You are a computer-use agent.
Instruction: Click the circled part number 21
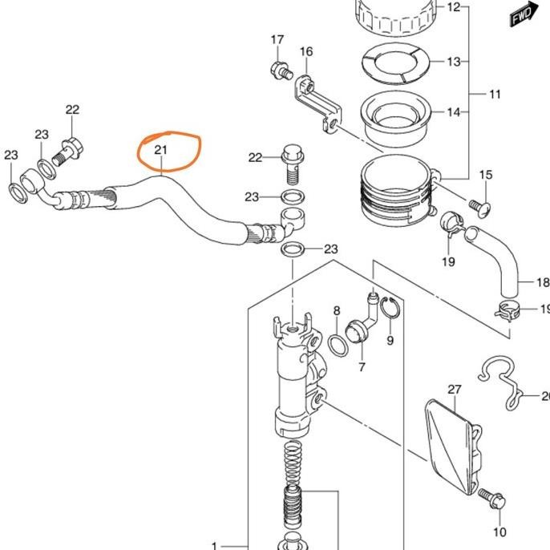pyautogui.click(x=160, y=150)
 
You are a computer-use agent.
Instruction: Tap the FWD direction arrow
pyautogui.click(x=524, y=14)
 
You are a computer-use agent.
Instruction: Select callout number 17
pyautogui.click(x=277, y=39)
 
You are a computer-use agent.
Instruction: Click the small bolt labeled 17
pyautogui.click(x=281, y=71)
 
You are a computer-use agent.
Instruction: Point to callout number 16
pyautogui.click(x=306, y=51)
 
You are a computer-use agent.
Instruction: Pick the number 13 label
pyautogui.click(x=453, y=62)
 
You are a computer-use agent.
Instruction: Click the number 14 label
pyautogui.click(x=453, y=112)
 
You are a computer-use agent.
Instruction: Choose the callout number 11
pyautogui.click(x=495, y=94)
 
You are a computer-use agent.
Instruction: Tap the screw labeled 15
pyautogui.click(x=480, y=207)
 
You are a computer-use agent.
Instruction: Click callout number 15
pyautogui.click(x=486, y=175)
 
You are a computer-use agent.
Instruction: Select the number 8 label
pyautogui.click(x=337, y=310)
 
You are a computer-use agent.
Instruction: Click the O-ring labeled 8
pyautogui.click(x=338, y=346)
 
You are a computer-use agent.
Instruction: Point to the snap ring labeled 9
pyautogui.click(x=390, y=307)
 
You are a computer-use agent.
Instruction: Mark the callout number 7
pyautogui.click(x=362, y=367)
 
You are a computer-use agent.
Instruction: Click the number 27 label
pyautogui.click(x=455, y=390)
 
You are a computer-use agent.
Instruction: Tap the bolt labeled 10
pyautogui.click(x=491, y=499)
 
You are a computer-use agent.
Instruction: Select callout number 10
pyautogui.click(x=499, y=532)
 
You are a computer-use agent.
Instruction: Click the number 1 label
pyautogui.click(x=215, y=546)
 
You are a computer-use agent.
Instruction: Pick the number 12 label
pyautogui.click(x=453, y=7)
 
